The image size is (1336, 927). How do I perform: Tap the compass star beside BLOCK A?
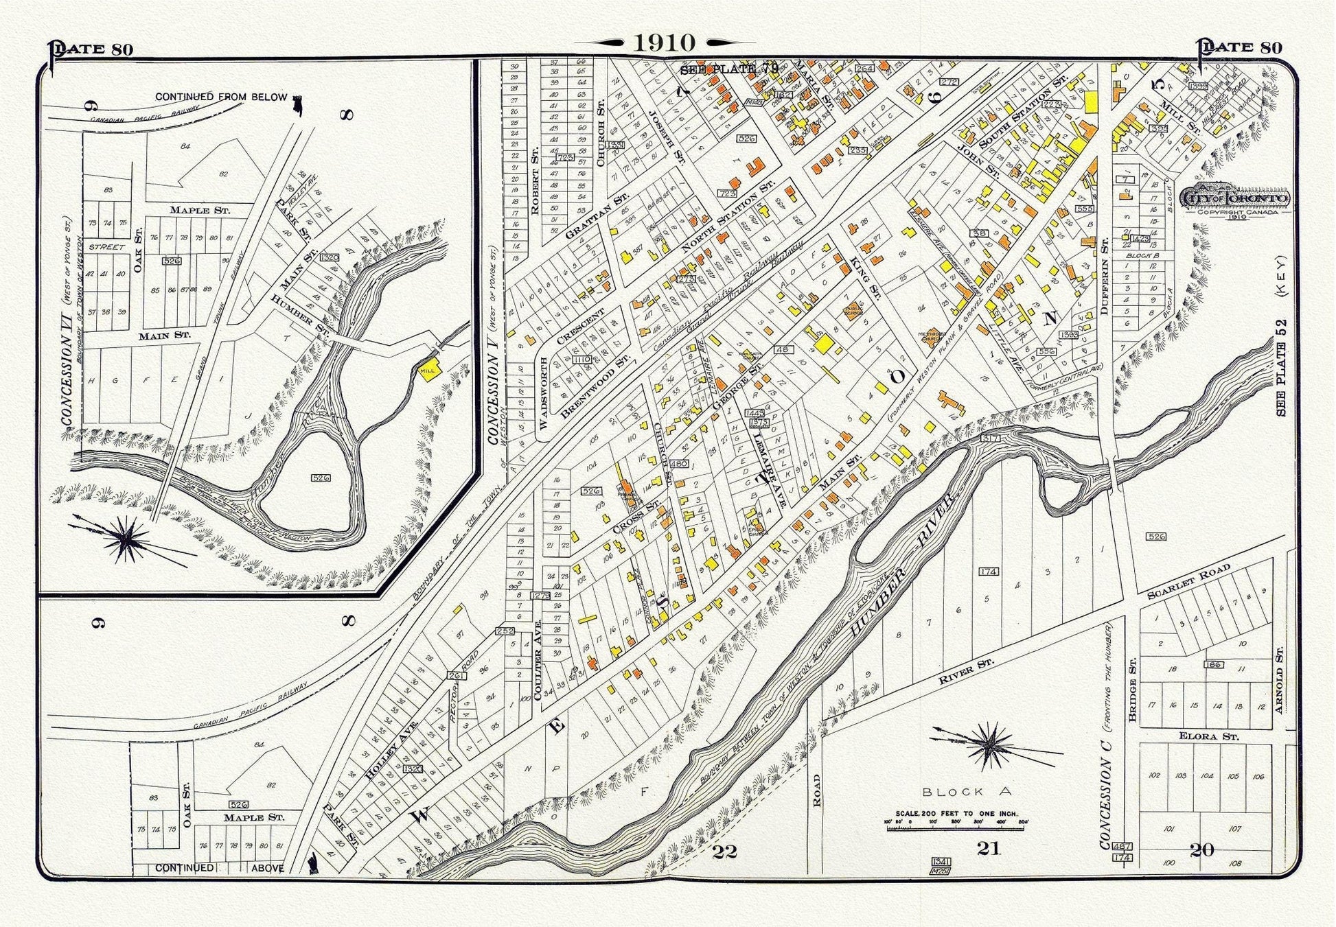989,743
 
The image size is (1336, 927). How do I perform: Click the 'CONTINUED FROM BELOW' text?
220,97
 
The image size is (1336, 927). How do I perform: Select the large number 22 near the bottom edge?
724,852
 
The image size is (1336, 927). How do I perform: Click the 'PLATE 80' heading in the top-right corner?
1241,47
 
